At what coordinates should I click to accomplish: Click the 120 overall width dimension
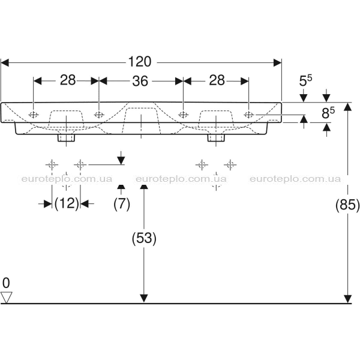(x=140, y=62)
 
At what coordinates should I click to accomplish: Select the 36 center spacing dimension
(x=140, y=81)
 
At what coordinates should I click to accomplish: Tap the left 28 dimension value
(x=68, y=80)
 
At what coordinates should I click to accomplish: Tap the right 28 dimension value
(x=217, y=80)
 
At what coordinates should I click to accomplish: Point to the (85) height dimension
(x=347, y=205)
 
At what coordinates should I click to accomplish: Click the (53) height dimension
(x=144, y=238)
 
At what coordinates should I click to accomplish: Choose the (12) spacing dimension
(x=67, y=203)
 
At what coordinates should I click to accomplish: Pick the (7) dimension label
(x=122, y=204)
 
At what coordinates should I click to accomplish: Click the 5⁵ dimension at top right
(x=305, y=80)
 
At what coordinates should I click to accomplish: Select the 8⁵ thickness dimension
(x=328, y=113)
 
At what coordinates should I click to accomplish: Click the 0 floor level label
(x=6, y=283)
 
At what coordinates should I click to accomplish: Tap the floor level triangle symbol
(x=6, y=298)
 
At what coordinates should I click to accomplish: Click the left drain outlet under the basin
(x=67, y=138)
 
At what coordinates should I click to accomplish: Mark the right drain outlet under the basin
(x=216, y=138)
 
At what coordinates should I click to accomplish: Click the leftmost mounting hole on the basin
(x=34, y=115)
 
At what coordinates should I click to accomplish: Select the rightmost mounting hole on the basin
(x=248, y=115)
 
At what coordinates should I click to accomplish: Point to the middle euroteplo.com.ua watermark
(x=181, y=179)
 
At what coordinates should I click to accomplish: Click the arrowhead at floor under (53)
(x=144, y=298)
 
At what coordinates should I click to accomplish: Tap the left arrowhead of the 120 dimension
(x=5, y=62)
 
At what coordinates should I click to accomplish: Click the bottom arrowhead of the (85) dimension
(x=348, y=299)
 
